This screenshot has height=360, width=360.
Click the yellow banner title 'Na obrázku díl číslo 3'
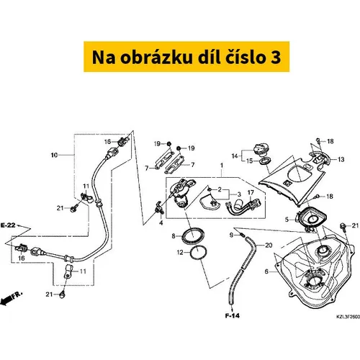point(186,57)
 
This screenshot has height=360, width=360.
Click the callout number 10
point(54,155)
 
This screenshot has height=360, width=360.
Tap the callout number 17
point(251,192)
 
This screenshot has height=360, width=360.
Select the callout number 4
point(161,223)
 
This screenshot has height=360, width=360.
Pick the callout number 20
point(269,245)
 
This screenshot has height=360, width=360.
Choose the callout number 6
point(266,271)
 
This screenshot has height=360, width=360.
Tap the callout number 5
point(287,220)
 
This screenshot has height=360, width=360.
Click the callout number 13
point(341,159)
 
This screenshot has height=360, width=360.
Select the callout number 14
point(235,156)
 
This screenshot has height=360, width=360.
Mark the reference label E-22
point(8,225)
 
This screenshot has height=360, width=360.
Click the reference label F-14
point(233,315)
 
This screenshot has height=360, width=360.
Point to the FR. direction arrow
point(11,298)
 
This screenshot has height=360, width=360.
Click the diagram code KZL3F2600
point(348,317)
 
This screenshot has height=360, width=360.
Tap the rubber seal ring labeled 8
point(194,236)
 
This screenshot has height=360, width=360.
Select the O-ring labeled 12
point(198,253)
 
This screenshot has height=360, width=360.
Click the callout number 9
point(231,235)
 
